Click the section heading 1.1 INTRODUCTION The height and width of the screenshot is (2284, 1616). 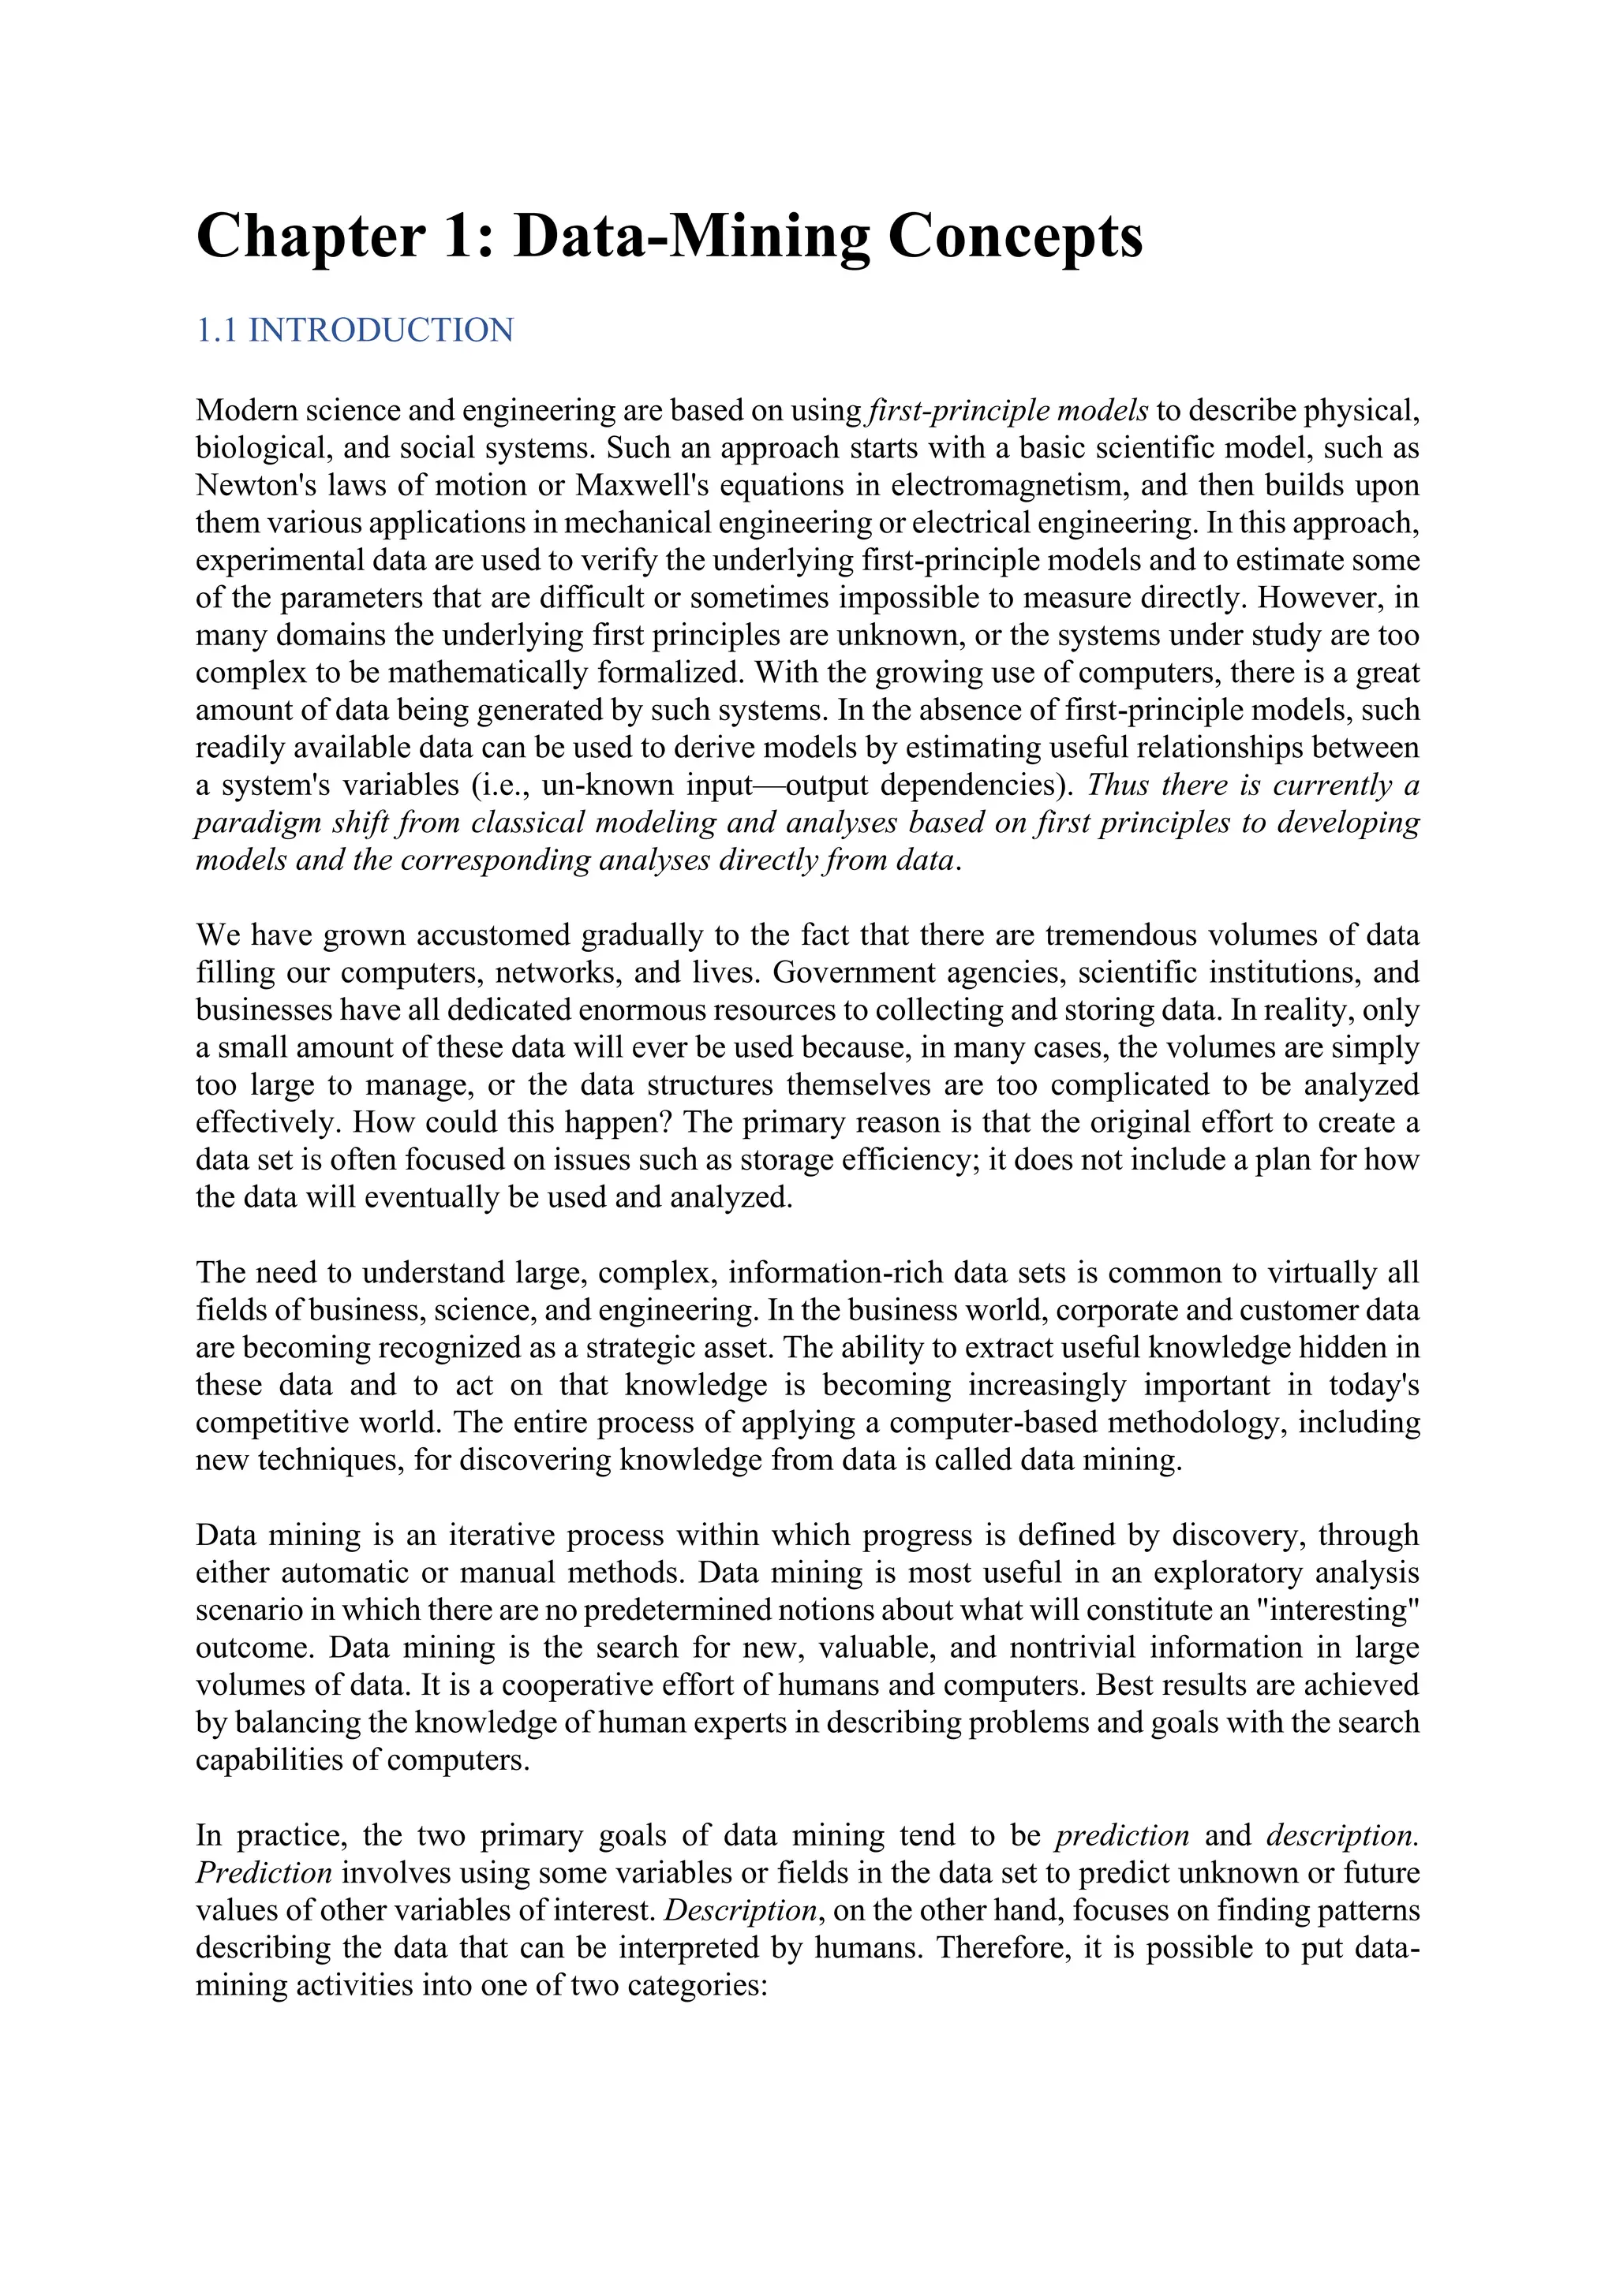(354, 330)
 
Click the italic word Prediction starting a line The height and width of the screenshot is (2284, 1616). (263, 1872)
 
